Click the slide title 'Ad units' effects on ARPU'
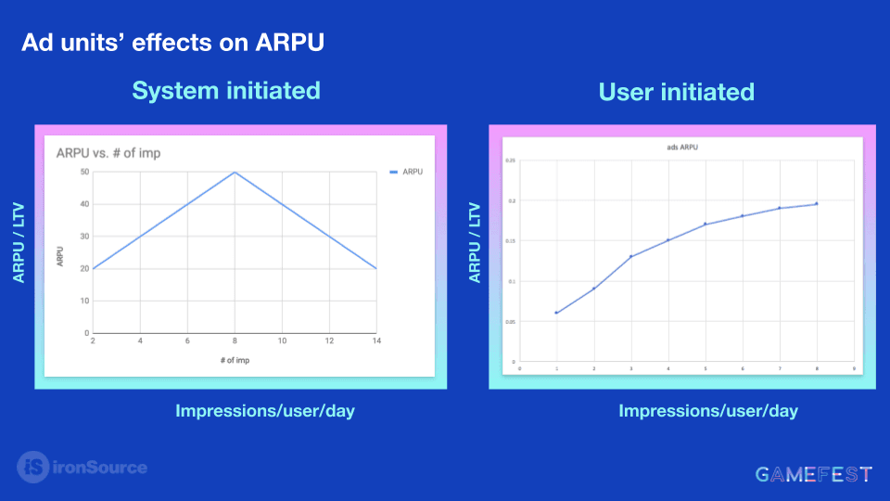pyautogui.click(x=172, y=43)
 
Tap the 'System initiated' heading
pyautogui.click(x=226, y=90)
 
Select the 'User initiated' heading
pyautogui.click(x=676, y=92)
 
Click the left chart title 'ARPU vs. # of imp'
pyautogui.click(x=108, y=153)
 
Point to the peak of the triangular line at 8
pyautogui.click(x=235, y=172)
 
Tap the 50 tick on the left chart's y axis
pyautogui.click(x=84, y=172)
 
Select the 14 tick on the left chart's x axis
pyautogui.click(x=376, y=341)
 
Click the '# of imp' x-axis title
pyautogui.click(x=235, y=360)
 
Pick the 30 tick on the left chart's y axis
pyautogui.click(x=84, y=237)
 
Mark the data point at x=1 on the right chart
pyautogui.click(x=556, y=313)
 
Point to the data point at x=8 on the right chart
pyautogui.click(x=816, y=203)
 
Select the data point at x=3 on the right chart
pyautogui.click(x=630, y=256)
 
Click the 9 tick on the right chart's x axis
pyautogui.click(x=853, y=367)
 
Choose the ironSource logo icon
pyautogui.click(x=33, y=467)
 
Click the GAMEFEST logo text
pyautogui.click(x=813, y=475)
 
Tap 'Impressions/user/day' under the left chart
pyautogui.click(x=265, y=411)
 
